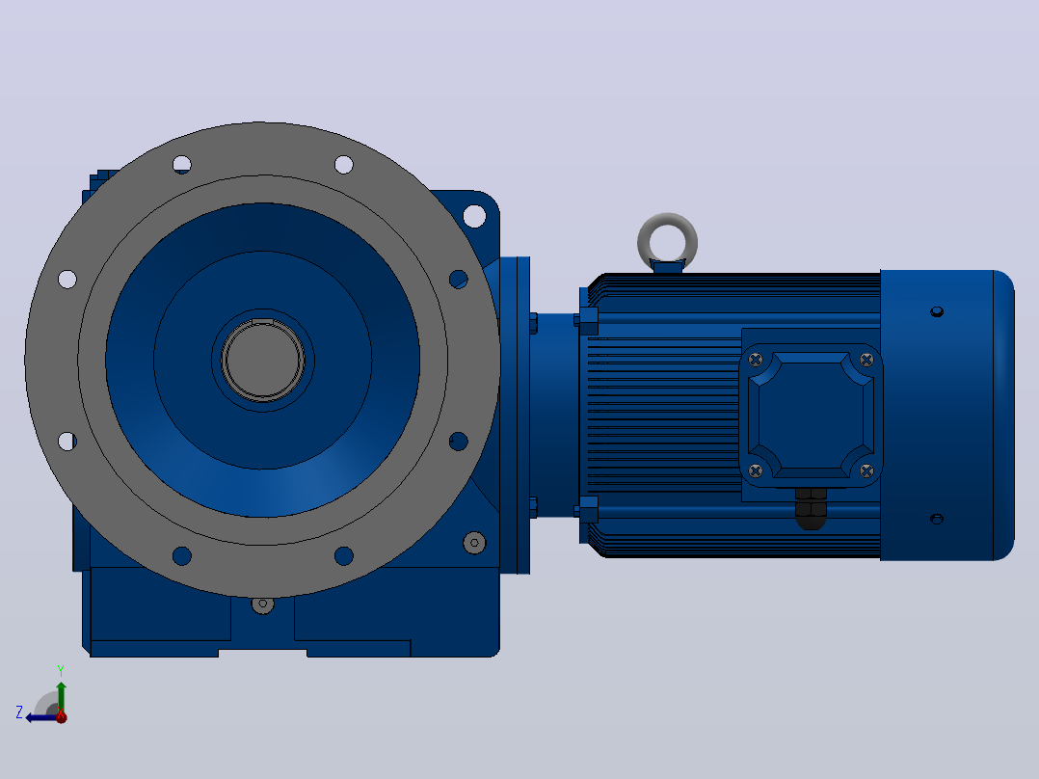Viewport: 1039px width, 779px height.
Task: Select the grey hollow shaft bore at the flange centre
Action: [x=262, y=360]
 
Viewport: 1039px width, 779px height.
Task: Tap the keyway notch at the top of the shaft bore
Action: [x=262, y=322]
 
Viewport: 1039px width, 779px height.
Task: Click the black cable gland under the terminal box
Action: [x=811, y=508]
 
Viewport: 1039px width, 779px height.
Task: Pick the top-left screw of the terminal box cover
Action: [x=756, y=360]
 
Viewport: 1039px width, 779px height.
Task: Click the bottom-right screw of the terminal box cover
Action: [x=866, y=470]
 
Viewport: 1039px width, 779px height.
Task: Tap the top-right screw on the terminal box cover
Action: [x=866, y=360]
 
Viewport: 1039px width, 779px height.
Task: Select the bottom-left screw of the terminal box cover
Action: [x=756, y=470]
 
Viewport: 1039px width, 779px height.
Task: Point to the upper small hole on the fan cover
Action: [x=937, y=311]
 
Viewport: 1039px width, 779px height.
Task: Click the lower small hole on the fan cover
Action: [x=937, y=519]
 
